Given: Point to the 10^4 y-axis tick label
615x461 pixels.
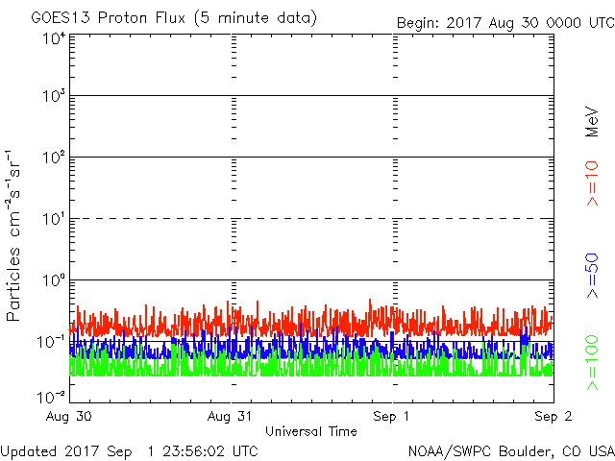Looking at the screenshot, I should (x=53, y=38).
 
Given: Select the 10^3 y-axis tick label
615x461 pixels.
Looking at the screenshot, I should (x=53, y=96).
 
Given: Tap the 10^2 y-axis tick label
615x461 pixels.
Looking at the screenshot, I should (x=53, y=158).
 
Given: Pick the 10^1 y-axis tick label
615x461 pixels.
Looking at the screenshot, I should (x=53, y=219).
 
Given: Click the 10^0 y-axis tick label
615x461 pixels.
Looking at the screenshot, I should (x=53, y=280).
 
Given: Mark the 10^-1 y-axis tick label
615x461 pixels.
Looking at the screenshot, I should (x=51, y=342).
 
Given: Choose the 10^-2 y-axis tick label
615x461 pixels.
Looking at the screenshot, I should (x=51, y=396).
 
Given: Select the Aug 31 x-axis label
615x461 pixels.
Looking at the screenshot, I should (x=234, y=417).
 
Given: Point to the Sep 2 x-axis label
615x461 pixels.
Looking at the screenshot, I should (x=552, y=417).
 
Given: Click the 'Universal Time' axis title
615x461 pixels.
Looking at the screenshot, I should (x=311, y=431).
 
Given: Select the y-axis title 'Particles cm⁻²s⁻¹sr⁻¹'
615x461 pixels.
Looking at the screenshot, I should (x=16, y=234).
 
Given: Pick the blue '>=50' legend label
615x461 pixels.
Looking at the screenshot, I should (x=593, y=277).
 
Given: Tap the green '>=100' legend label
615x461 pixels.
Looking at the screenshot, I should (x=593, y=363).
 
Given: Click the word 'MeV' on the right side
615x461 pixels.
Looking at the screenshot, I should (x=593, y=121).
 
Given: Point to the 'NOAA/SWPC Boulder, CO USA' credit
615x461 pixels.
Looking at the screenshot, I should (x=510, y=450).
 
